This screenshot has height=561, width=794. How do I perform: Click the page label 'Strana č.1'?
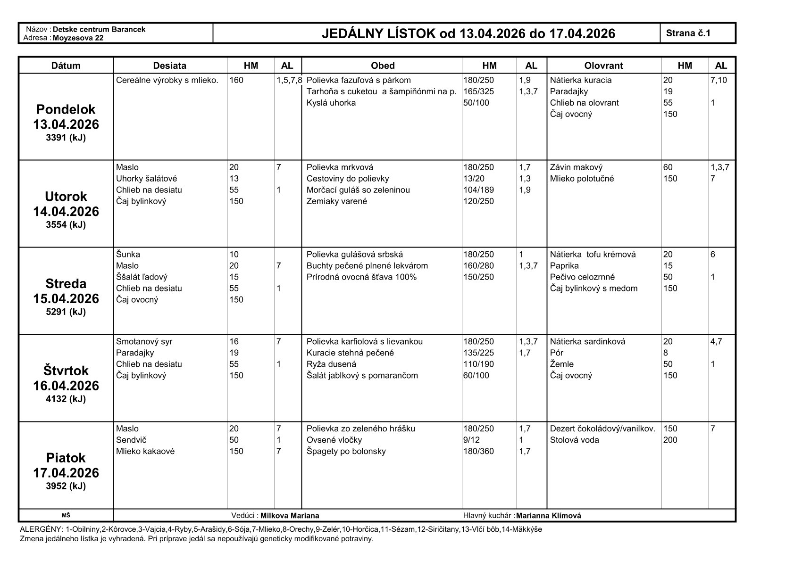pos(688,33)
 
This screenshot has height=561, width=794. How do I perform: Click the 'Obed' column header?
pos(382,66)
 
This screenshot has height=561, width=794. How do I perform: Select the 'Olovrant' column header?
pos(603,66)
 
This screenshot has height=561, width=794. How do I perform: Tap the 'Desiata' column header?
pos(170,66)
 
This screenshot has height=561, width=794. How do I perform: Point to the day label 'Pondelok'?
pos(66,109)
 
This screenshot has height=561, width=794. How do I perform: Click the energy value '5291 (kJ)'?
pos(66,312)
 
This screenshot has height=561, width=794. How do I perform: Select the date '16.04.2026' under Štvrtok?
pos(66,386)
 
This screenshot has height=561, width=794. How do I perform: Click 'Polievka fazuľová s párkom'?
pos(359,80)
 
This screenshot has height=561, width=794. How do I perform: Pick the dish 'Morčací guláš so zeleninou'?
pos(358,190)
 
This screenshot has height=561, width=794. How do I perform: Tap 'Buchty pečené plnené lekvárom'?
pos(367,266)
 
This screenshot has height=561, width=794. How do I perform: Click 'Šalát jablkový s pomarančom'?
pos(362,376)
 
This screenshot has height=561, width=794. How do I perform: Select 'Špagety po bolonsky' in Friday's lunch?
pos(346,451)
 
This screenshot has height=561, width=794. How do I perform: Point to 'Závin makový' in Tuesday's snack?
pos(576,167)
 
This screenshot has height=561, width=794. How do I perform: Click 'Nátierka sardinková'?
pos(587,342)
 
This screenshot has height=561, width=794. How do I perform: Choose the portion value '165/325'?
pos(478,91)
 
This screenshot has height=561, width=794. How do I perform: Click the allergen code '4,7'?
pos(716,342)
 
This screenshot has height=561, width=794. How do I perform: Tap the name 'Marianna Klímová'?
pos(548,516)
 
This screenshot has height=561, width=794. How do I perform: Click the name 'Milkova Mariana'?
pos(290,516)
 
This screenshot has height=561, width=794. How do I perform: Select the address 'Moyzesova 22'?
pos(78,38)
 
